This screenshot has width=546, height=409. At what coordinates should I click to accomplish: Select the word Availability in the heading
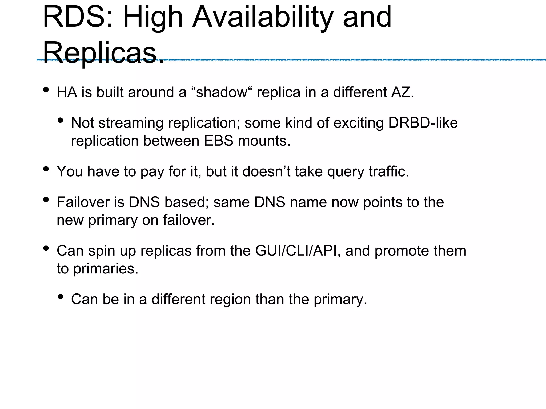coord(263,17)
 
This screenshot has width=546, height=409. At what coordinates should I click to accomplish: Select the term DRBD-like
coord(423,123)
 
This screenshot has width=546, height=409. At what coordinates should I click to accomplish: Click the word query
coord(346,171)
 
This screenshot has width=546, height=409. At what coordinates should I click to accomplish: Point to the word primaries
coord(106,269)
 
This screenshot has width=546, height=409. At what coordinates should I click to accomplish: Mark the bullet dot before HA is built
coord(46,90)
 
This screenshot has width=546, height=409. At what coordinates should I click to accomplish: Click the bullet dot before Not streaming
coord(61,121)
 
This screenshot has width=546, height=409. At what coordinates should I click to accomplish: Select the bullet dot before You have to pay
coord(46,169)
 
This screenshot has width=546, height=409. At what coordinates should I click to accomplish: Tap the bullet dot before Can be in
coord(61,297)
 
